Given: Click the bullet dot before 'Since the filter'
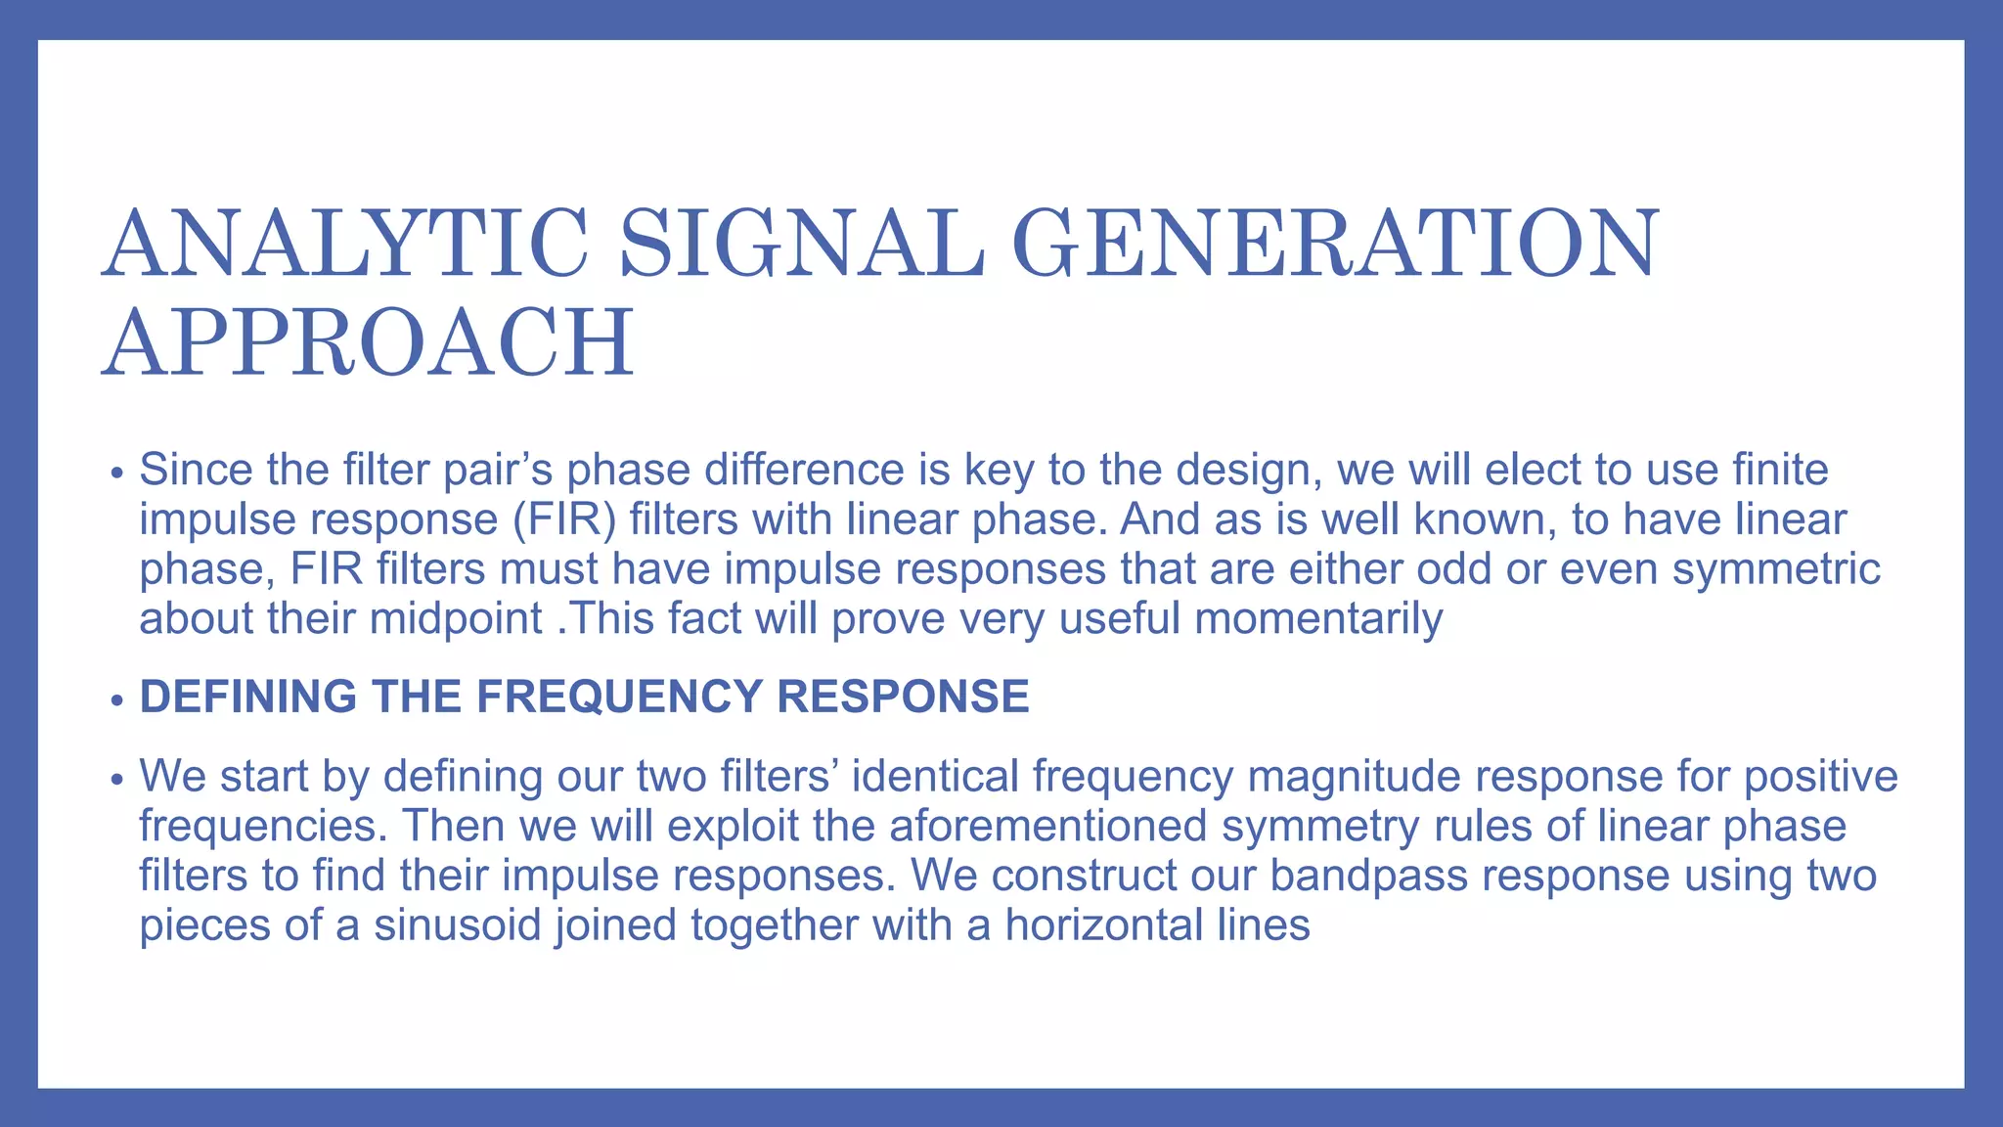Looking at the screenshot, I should [x=117, y=473].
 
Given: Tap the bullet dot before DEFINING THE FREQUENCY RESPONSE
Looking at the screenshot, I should [x=117, y=700].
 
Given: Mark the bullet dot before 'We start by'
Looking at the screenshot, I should [x=117, y=780].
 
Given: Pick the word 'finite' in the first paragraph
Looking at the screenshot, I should [x=1780, y=470].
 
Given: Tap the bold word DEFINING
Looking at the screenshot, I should [x=248, y=697].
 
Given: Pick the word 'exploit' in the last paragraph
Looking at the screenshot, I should [x=734, y=826].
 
